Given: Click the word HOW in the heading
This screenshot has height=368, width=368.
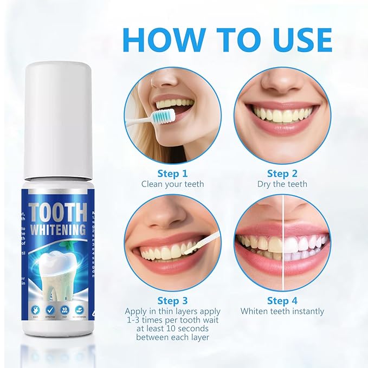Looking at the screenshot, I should (157, 39).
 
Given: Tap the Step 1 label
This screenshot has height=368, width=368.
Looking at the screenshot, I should (172, 173).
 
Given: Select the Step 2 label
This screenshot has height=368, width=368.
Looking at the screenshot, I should (282, 173).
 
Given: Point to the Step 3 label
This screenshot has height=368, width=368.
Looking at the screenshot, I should (172, 300).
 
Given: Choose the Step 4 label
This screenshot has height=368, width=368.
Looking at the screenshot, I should (282, 300).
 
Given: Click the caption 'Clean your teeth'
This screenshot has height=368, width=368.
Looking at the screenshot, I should (172, 184).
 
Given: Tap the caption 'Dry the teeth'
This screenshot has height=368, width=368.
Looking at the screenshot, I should (282, 184).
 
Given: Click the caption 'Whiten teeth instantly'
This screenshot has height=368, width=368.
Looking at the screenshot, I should (282, 311).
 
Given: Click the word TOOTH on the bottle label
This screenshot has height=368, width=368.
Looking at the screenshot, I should (58, 212).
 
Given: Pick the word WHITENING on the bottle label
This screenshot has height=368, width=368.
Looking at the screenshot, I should (58, 229).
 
